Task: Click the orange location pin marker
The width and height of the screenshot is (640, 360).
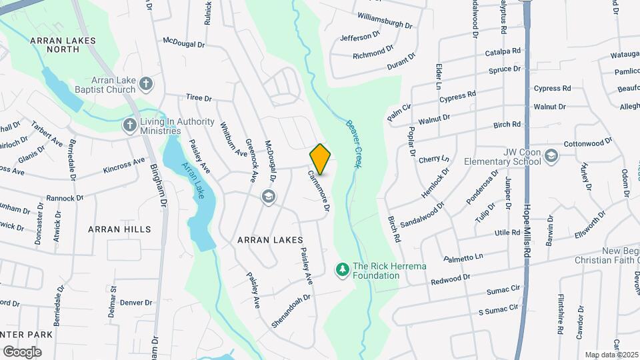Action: click(x=321, y=159)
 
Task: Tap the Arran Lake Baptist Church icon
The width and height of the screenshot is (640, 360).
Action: click(x=147, y=84)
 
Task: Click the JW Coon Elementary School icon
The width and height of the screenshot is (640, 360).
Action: click(x=551, y=156)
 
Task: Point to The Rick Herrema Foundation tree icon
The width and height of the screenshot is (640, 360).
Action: click(x=343, y=269)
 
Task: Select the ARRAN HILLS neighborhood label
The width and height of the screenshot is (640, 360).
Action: click(x=119, y=229)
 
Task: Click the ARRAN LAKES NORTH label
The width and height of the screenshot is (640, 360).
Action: click(x=63, y=45)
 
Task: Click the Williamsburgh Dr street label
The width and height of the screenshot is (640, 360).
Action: click(x=385, y=19)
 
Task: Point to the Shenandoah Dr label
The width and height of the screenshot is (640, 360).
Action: click(x=291, y=311)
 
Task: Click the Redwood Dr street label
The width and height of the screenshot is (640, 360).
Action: click(x=451, y=277)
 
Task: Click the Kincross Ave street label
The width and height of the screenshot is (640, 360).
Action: click(x=124, y=165)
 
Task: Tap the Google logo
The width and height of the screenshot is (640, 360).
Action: click(x=23, y=351)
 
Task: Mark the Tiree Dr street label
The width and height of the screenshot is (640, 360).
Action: click(x=199, y=98)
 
